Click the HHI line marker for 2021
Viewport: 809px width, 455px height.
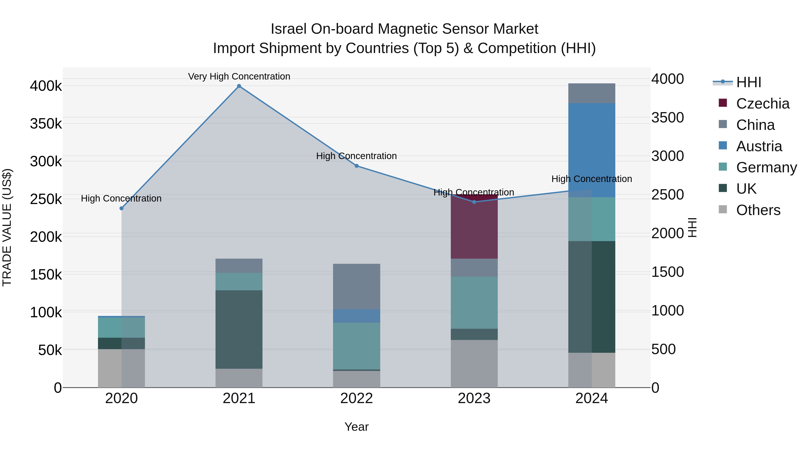tap(239, 86)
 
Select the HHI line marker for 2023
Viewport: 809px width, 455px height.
tap(474, 202)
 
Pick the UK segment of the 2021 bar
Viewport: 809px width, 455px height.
tap(239, 329)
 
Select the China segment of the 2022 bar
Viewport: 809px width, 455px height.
tap(356, 286)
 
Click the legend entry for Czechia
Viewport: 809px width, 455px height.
tap(762, 104)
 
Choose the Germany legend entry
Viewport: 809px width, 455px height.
tap(766, 167)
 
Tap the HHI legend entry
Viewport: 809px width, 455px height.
tap(748, 82)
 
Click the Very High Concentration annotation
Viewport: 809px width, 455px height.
tap(239, 76)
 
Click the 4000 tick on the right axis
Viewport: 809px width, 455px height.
tap(667, 79)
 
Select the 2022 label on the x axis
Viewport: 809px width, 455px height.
tap(356, 398)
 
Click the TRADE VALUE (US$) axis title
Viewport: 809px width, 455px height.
tap(7, 227)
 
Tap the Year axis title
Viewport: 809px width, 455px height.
tap(356, 427)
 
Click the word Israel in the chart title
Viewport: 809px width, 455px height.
tap(288, 29)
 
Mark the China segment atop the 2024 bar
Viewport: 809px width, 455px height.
tap(592, 93)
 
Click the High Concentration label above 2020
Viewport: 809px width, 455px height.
tap(121, 198)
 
